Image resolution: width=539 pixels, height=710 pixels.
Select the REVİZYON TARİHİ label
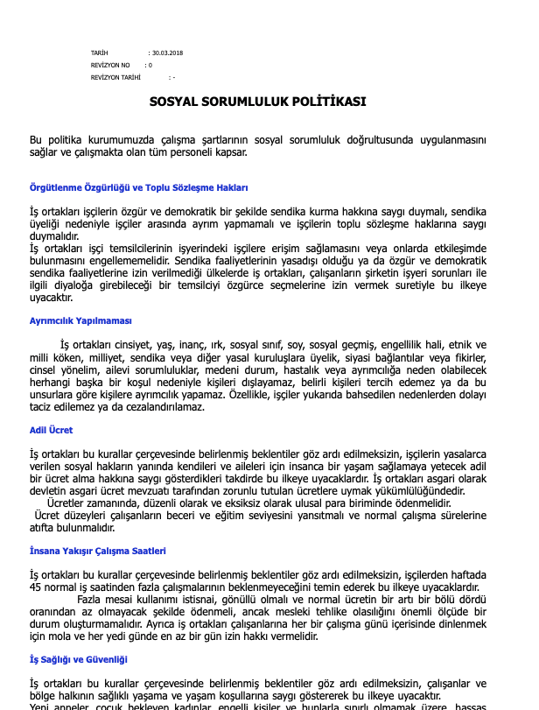(x=115, y=77)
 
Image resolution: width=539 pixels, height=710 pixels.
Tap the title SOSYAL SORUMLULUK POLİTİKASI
(x=257, y=102)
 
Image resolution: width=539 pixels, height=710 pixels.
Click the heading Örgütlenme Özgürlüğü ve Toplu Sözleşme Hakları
(x=139, y=188)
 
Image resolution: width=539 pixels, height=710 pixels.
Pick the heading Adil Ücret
(x=52, y=430)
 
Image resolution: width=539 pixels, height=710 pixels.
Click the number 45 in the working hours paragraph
(x=37, y=587)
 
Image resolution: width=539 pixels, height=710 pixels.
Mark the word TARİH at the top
(x=99, y=53)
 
